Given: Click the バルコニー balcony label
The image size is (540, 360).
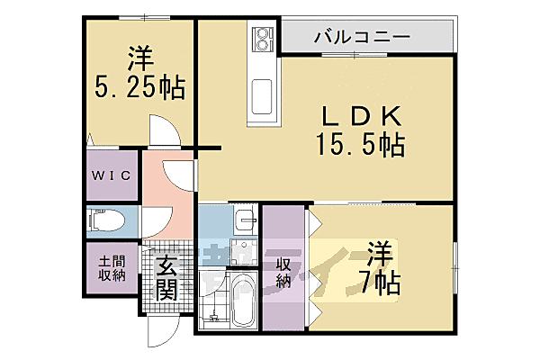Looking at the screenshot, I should pyautogui.click(x=363, y=38).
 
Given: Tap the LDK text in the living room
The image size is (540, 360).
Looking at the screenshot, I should pyautogui.click(x=357, y=115).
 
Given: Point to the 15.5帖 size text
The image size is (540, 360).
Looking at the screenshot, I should pyautogui.click(x=357, y=144).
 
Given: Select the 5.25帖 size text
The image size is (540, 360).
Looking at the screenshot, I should pyautogui.click(x=139, y=87).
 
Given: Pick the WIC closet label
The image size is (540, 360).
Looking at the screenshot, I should pyautogui.click(x=112, y=175).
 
